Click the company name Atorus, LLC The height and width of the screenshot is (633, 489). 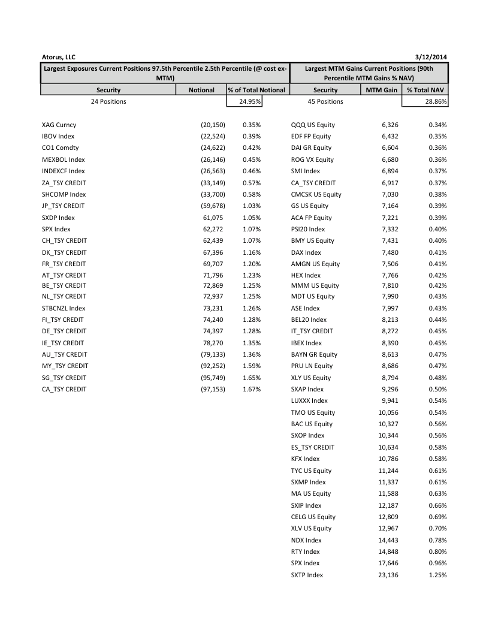(x=59, y=57)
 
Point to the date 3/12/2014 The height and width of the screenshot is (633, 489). (x=433, y=57)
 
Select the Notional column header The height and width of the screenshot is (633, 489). (x=201, y=90)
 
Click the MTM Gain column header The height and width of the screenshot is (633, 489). (x=382, y=90)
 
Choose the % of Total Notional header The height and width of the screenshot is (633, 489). (x=257, y=90)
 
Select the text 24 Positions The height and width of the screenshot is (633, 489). (x=108, y=101)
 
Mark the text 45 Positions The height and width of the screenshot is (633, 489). (x=325, y=101)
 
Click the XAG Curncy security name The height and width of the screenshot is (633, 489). (x=59, y=125)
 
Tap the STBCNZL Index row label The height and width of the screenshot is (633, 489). (x=64, y=308)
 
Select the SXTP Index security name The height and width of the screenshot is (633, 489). (x=307, y=575)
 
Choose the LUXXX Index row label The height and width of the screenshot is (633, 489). (x=309, y=400)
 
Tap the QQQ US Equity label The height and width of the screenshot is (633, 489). (x=313, y=125)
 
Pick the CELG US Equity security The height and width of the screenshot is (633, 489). (x=313, y=517)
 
